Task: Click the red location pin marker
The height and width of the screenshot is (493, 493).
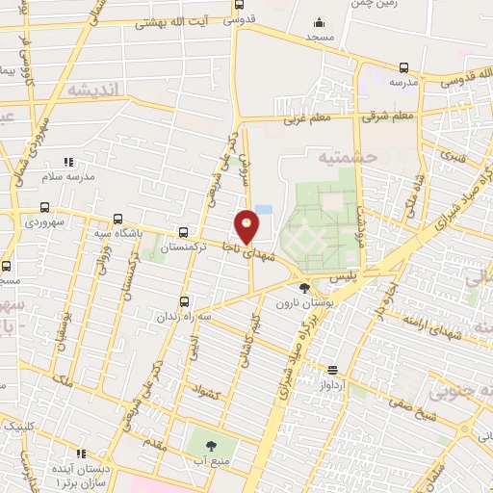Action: click(x=247, y=226)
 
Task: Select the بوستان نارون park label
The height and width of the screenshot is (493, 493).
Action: click(x=303, y=303)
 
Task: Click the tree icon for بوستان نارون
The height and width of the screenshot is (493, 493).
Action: click(x=304, y=287)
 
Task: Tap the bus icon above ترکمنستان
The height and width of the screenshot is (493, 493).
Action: click(x=183, y=232)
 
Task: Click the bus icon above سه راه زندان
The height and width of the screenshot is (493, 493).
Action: click(x=185, y=301)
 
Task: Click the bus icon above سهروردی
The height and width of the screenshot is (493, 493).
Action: click(x=44, y=206)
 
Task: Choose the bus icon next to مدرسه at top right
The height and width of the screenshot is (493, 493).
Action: click(x=402, y=67)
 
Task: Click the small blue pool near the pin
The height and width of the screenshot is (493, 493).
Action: click(x=264, y=209)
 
